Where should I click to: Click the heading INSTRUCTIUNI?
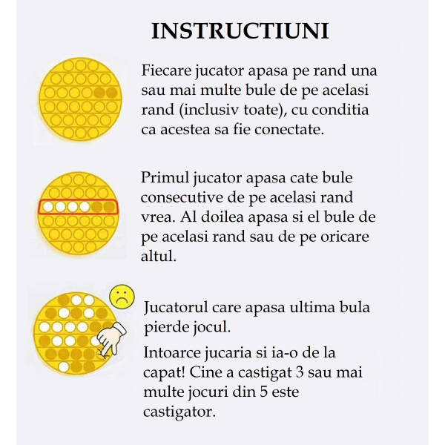240,31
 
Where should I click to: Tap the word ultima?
315,306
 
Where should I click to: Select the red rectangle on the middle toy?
78,206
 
